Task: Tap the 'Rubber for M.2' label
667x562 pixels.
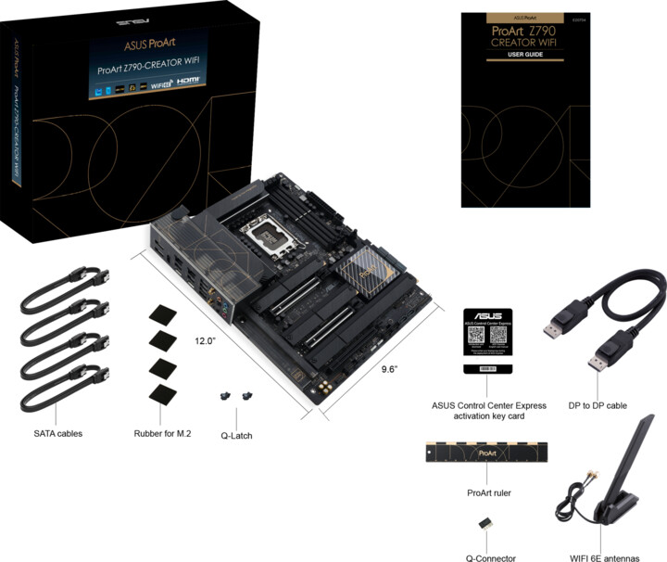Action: click(163, 433)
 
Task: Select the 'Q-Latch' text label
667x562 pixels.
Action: click(236, 436)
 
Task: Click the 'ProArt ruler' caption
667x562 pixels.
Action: click(489, 492)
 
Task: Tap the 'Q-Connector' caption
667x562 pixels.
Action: click(490, 557)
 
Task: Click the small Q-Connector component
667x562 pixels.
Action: click(485, 524)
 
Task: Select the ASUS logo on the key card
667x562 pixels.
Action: click(488, 317)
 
